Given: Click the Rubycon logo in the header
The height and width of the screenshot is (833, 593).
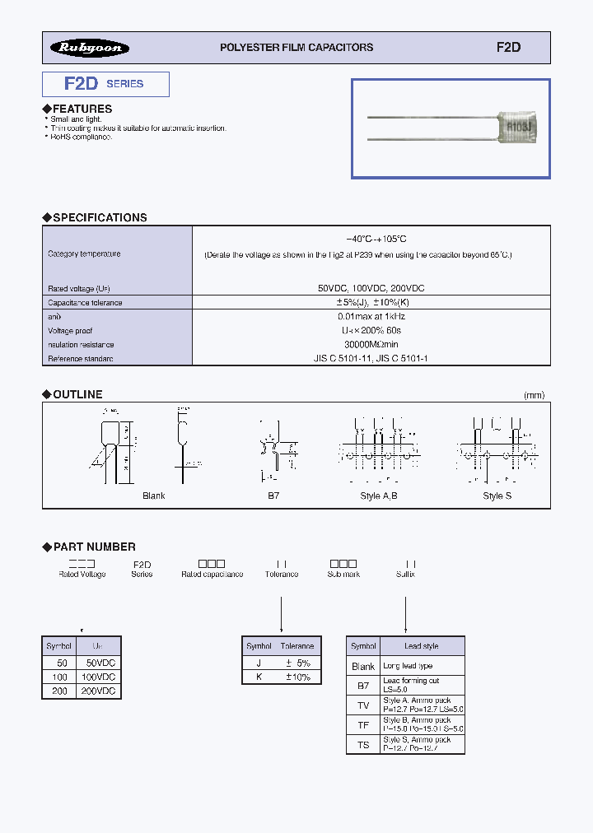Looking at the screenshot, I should pos(90,48).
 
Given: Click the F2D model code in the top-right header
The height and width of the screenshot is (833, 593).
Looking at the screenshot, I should pos(508,48).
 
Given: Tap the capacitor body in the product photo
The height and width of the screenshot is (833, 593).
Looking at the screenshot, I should pos(516,127).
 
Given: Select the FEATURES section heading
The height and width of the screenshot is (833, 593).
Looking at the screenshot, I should pos(82,109).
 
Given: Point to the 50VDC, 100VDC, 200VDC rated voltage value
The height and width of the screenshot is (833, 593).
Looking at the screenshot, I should pos(371,289).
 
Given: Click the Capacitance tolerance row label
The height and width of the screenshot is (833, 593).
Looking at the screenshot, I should pos(85,303).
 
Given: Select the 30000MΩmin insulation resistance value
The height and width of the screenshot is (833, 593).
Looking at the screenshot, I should pos(371,345).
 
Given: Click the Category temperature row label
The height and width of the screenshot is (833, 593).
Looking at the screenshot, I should pos(84,254).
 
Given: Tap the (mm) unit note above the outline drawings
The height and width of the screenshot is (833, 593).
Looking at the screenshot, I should pos(534,395).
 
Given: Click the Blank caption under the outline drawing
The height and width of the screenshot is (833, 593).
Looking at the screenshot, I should pos(154,496).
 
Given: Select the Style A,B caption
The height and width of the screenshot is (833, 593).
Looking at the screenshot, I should pos(379,496).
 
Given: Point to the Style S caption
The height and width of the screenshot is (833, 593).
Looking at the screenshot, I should pos(497,496).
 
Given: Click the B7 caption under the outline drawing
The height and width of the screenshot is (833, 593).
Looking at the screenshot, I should pos(273,496).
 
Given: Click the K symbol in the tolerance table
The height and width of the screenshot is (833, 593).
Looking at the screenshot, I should pos(259,677).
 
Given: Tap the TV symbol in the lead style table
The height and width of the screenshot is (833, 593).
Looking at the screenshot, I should pos(363,705).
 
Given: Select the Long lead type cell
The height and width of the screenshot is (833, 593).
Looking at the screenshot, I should pos(408,666).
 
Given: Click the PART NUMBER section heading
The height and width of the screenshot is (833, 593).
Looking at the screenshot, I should pos(94,547).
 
